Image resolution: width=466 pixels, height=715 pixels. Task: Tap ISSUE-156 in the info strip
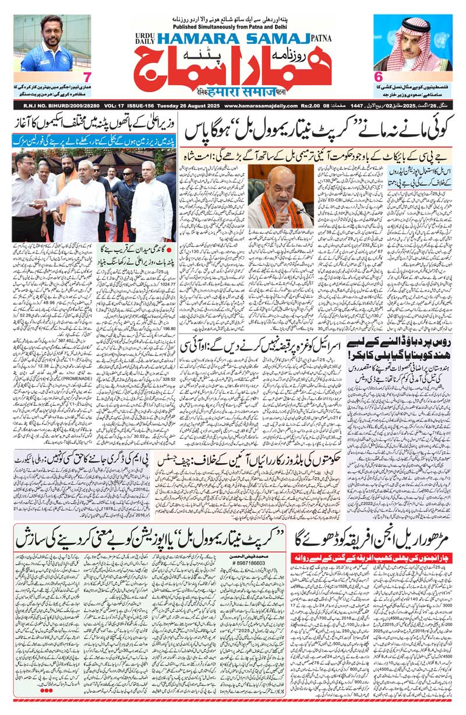coord(132,106)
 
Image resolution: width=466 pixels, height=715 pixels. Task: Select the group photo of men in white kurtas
coord(93,195)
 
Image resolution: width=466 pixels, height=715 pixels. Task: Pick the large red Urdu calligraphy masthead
coord(233,64)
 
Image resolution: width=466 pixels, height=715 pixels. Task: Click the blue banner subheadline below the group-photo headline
coord(93,140)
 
